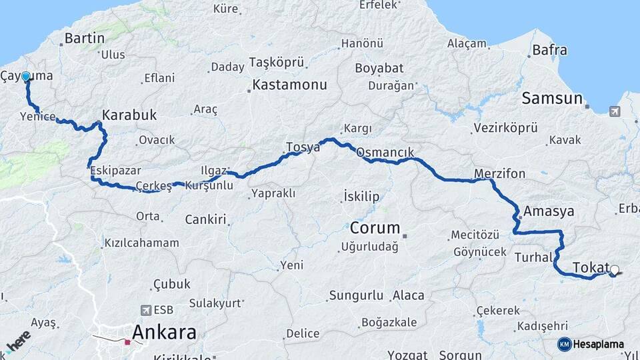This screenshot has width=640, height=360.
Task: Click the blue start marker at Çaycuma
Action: [x=26, y=77]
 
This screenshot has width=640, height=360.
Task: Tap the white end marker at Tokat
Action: [x=614, y=270]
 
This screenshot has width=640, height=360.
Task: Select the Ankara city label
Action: [x=164, y=332]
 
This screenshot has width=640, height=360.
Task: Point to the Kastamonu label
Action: [x=289, y=85]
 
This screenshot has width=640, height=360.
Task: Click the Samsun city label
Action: [x=551, y=99]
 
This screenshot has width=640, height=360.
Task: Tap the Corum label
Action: [x=375, y=227]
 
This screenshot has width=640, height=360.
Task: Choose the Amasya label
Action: [x=549, y=211]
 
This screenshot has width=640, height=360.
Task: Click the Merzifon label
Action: [x=499, y=174]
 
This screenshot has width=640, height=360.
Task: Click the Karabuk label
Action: [x=129, y=115]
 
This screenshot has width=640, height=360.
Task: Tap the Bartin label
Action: [x=85, y=38]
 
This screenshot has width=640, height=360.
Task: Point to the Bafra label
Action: [x=550, y=50]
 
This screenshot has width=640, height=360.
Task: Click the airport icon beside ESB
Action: [x=146, y=310]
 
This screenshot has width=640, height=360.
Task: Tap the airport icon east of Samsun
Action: [x=614, y=111]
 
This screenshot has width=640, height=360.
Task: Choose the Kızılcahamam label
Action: [x=141, y=243]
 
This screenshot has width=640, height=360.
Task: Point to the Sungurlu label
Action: [x=357, y=295]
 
